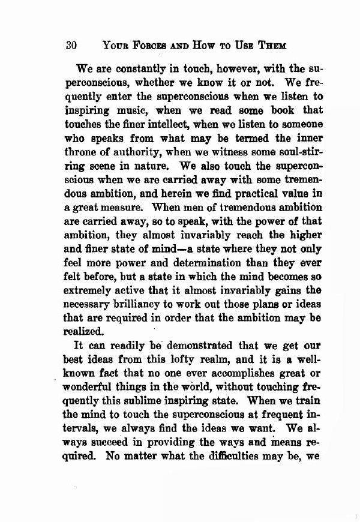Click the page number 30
coord(72,44)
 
